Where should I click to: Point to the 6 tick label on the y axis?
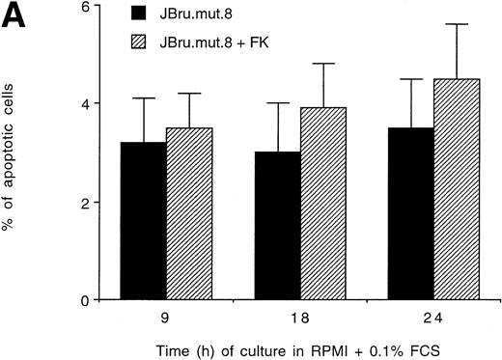pyautogui.click(x=83, y=7)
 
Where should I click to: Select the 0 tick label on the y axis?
pyautogui.click(x=83, y=300)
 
